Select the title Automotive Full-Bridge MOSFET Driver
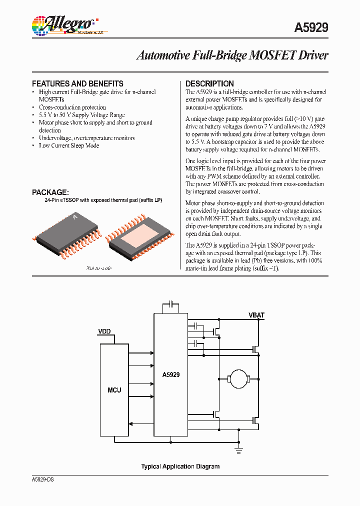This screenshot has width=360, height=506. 232,55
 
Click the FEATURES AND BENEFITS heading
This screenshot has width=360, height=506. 77,83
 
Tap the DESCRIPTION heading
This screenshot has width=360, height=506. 209,83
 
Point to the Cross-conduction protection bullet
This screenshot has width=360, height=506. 72,107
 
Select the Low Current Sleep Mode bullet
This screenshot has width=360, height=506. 69,145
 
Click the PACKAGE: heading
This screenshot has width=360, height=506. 50,192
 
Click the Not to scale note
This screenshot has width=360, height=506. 99,268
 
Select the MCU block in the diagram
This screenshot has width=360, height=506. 114,389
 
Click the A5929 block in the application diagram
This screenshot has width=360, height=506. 171,374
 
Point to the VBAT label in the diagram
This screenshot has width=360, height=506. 256,315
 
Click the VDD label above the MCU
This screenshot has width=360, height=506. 104,331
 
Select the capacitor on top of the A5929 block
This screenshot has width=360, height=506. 171,304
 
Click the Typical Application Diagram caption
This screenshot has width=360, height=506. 180,466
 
